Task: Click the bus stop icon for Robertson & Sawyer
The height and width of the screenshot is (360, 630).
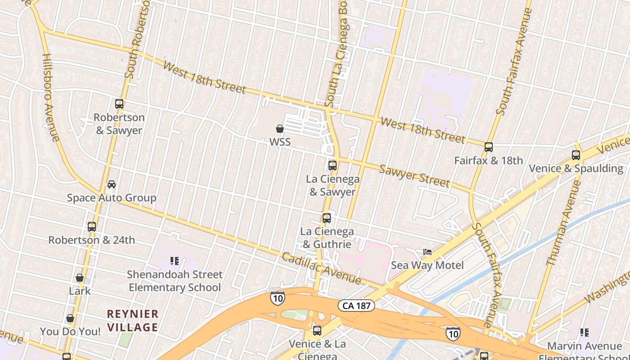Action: pyautogui.click(x=119, y=104)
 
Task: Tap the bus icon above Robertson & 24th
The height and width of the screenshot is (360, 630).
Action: pyautogui.click(x=92, y=227)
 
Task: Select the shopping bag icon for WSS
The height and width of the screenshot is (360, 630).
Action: pyautogui.click(x=280, y=129)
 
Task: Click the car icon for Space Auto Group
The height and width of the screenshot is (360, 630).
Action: pyautogui.click(x=112, y=184)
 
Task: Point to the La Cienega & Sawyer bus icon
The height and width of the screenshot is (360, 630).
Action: pyautogui.click(x=333, y=166)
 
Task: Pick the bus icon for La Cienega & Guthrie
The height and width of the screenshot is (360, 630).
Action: pyautogui.click(x=327, y=218)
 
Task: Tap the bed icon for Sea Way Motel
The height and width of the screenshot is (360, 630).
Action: pyautogui.click(x=427, y=252)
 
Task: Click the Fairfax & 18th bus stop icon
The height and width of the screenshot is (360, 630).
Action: pyautogui.click(x=489, y=147)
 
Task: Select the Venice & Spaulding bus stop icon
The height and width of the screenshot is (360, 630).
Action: pyautogui.click(x=576, y=155)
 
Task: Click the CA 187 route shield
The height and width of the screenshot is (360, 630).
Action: pyautogui.click(x=356, y=306)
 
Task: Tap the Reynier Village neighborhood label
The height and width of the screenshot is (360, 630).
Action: pyautogui.click(x=132, y=320)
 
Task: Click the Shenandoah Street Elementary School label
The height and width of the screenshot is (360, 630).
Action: pyautogui.click(x=175, y=281)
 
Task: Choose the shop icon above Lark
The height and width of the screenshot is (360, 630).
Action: pyautogui.click(x=80, y=278)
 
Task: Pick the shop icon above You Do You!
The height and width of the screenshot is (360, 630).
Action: pyautogui.click(x=70, y=319)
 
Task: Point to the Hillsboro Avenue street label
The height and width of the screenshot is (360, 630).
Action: pyautogui.click(x=50, y=98)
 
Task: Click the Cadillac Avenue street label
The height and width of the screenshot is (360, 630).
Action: pyautogui.click(x=321, y=268)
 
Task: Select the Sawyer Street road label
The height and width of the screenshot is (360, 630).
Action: pyautogui.click(x=414, y=175)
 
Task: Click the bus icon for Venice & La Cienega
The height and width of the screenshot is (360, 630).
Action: pyautogui.click(x=317, y=331)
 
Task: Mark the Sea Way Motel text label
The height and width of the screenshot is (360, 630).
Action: pyautogui.click(x=427, y=265)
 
